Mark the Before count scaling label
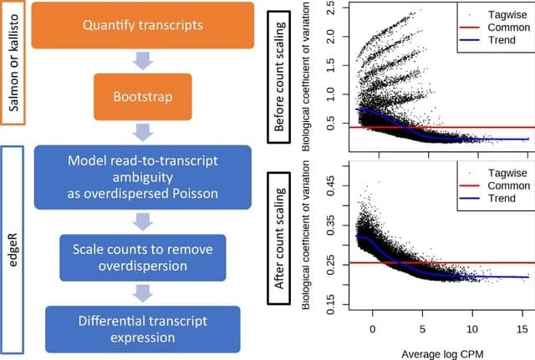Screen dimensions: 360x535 (x=280, y=75)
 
